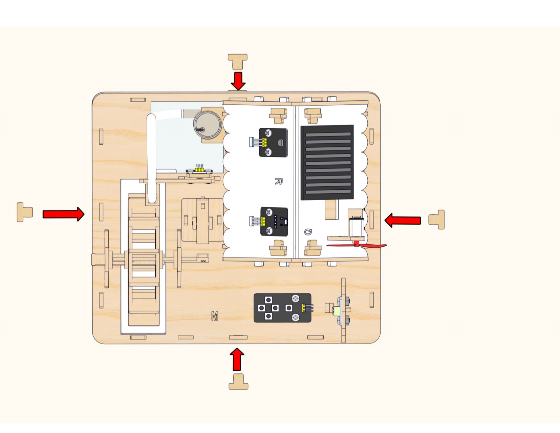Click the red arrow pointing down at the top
pos(238,81)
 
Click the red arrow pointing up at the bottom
pos(237,359)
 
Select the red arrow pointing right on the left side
pos(63,214)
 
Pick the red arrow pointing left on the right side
pos(403,221)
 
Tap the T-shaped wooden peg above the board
pos(238,61)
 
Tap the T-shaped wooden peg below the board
pos(238,382)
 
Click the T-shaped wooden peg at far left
pos(25,212)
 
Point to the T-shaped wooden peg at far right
pos(436,220)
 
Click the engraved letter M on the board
pos(215,316)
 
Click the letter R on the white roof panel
pos(279,181)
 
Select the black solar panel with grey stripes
pos(327,162)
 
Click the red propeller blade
pos(357,245)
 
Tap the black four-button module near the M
pos(282,308)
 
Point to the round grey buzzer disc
pos(208,125)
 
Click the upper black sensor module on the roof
pos(273,142)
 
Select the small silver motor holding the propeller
pos(357,227)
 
